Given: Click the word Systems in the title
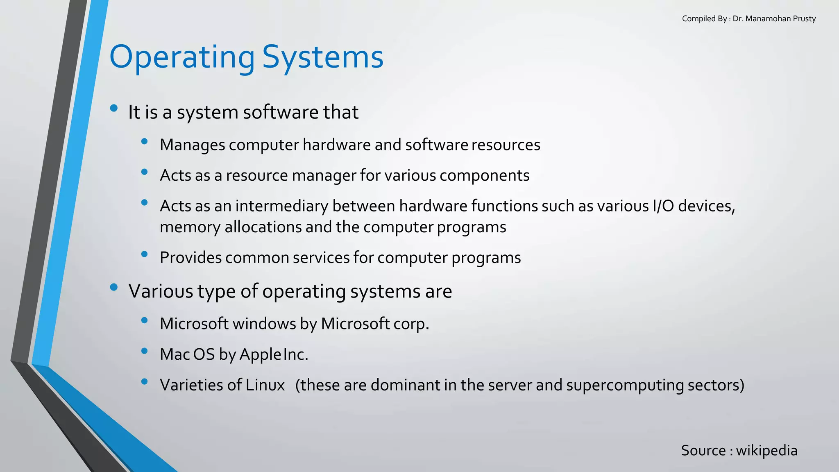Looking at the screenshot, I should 322,57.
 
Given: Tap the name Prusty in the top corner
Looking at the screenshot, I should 804,19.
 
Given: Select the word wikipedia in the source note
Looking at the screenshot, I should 766,450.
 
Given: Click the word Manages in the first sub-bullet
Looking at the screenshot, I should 192,145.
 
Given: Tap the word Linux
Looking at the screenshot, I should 265,385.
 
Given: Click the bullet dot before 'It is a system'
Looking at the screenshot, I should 114,108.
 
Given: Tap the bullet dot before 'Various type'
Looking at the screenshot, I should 114,287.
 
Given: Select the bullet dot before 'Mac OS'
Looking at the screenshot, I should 144,351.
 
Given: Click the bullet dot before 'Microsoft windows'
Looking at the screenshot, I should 144,320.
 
